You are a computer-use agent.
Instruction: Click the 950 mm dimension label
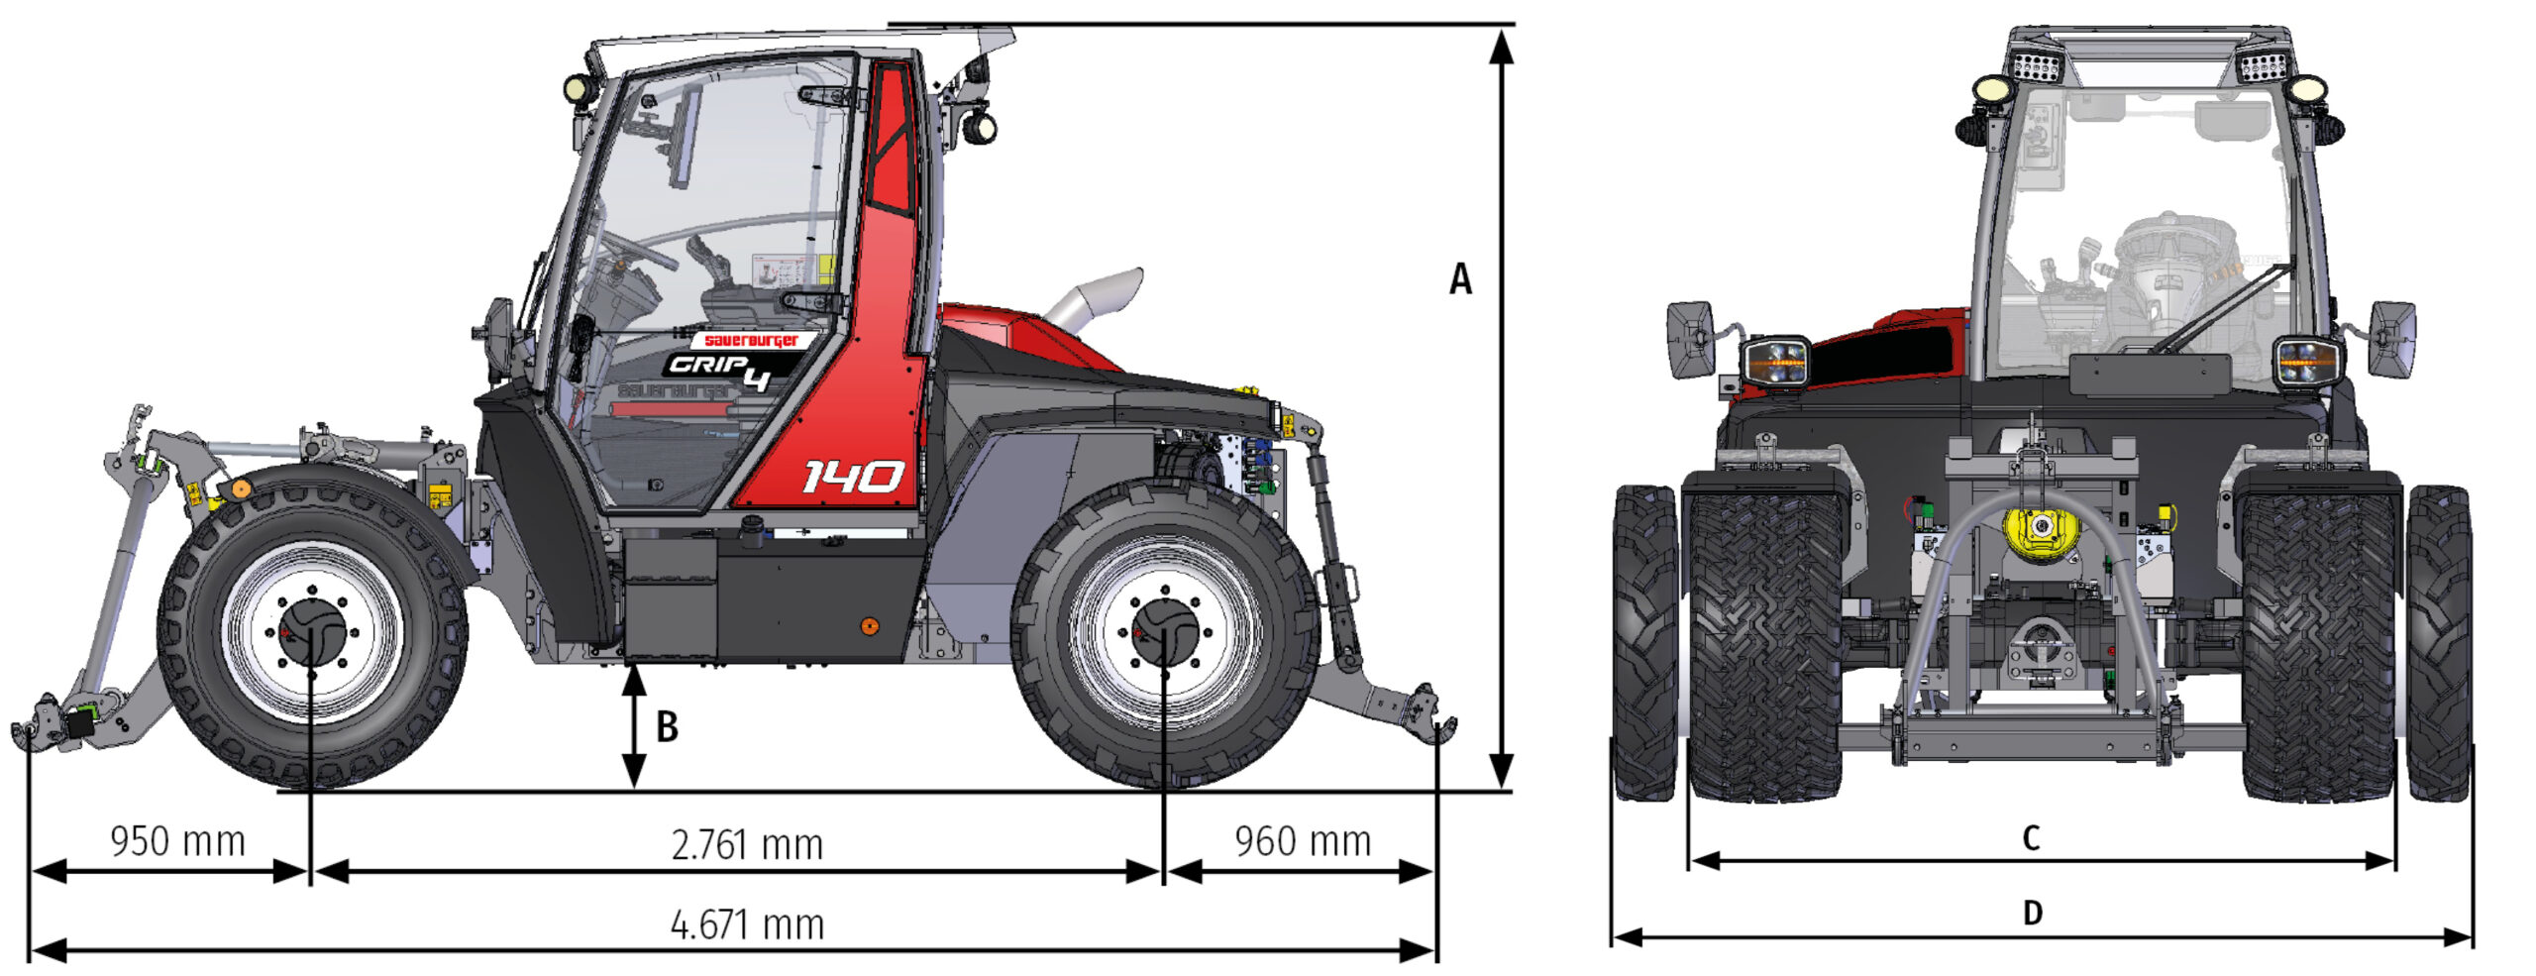[177, 841]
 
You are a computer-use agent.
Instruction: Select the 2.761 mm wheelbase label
[747, 845]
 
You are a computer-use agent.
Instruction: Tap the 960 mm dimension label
[1303, 841]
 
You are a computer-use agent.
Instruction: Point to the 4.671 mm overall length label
[747, 924]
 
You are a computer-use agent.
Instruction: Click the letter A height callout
[1460, 279]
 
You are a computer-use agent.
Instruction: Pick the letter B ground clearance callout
[668, 726]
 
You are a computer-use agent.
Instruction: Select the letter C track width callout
[2031, 838]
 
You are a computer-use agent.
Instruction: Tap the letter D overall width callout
[2032, 912]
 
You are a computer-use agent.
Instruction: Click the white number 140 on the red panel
[852, 477]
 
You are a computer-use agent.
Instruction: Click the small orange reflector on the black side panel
[869, 626]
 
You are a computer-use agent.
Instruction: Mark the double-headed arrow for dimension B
[634, 726]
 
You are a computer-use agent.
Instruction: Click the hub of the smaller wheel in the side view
[312, 632]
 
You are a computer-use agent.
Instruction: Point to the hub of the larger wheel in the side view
[1165, 632]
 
